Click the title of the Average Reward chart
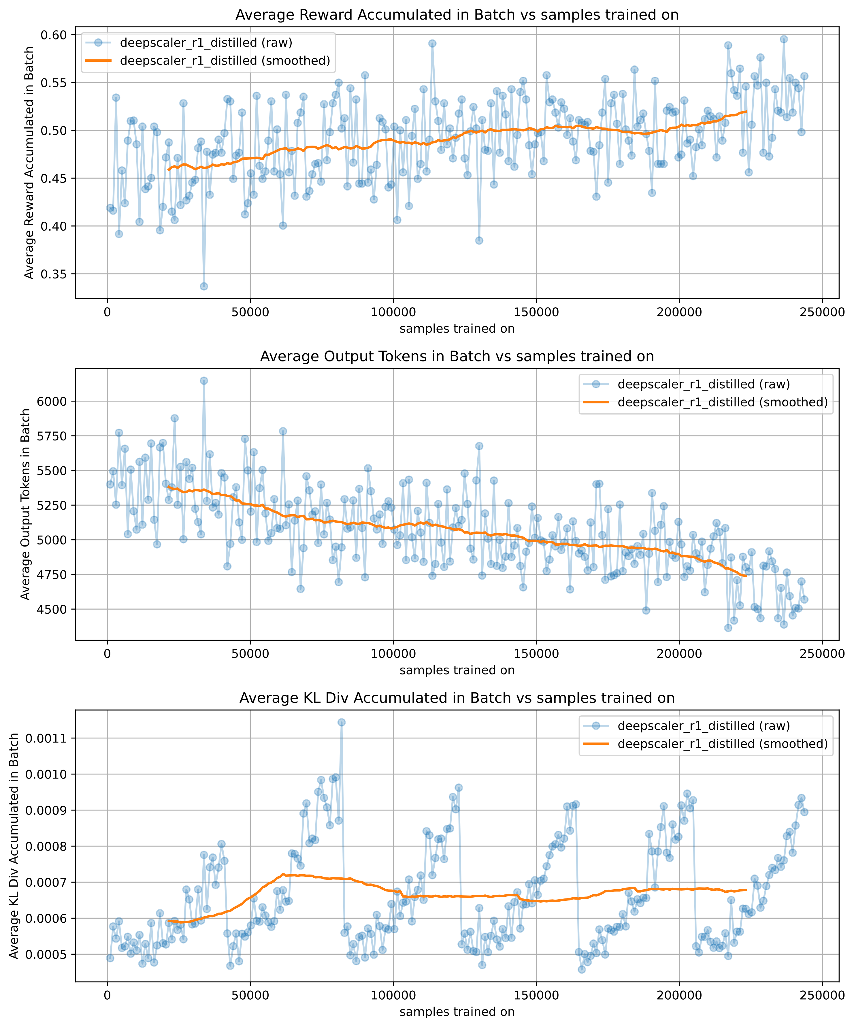(x=457, y=15)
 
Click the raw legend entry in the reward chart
(x=206, y=43)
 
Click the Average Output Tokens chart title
(x=457, y=357)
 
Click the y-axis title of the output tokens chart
(x=25, y=504)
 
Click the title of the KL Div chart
(x=457, y=698)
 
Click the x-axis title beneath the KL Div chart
(x=457, y=1012)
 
